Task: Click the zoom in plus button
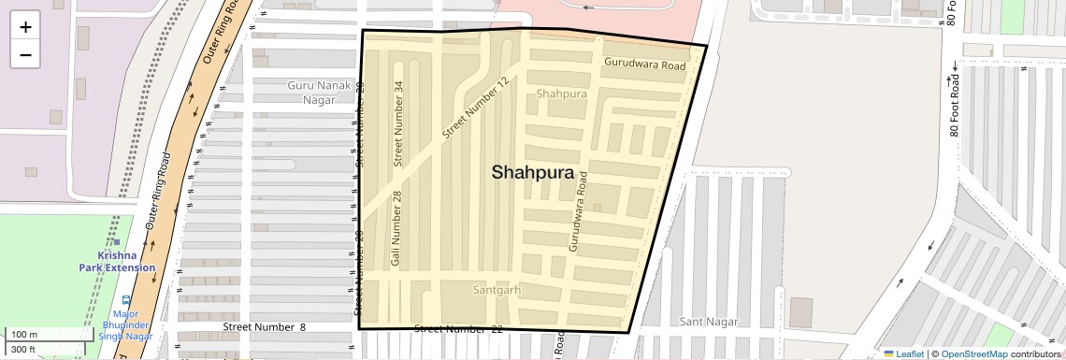click(x=25, y=27)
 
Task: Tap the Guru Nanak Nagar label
click(x=319, y=93)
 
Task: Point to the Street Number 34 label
click(x=399, y=123)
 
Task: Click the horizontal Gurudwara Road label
click(x=644, y=65)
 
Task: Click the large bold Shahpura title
click(x=532, y=172)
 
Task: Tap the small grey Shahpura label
click(x=562, y=94)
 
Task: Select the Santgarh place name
click(x=496, y=290)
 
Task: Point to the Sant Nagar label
click(x=709, y=322)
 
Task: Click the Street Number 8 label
click(x=265, y=326)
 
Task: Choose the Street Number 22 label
click(x=458, y=329)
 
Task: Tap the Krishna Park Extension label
click(x=117, y=261)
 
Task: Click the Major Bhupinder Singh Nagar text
click(x=125, y=324)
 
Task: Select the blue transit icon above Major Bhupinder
click(x=126, y=300)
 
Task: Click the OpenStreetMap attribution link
click(x=973, y=353)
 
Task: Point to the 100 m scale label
click(x=24, y=335)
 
